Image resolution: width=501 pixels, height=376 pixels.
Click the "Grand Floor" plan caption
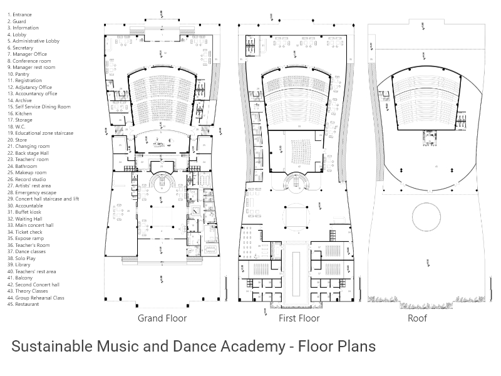pos(162,318)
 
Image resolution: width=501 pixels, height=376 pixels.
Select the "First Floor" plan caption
pos(299,318)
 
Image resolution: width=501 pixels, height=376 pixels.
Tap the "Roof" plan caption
pos(417,318)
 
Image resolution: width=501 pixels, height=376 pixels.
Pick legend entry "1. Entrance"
pos(19,14)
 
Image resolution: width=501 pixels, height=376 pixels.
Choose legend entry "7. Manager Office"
pos(27,55)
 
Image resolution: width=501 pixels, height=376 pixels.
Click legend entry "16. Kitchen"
pos(19,113)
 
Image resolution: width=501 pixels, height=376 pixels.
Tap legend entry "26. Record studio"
pos(26,179)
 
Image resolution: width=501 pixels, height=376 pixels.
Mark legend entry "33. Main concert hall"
pos(30,226)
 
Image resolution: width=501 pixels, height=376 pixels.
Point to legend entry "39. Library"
pos(19,265)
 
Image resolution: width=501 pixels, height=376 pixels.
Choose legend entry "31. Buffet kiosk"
pos(24,212)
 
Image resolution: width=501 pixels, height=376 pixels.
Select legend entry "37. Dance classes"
pos(26,252)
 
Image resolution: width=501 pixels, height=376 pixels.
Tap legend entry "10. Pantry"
pos(18,74)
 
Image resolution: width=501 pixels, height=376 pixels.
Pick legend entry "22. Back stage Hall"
pos(28,153)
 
